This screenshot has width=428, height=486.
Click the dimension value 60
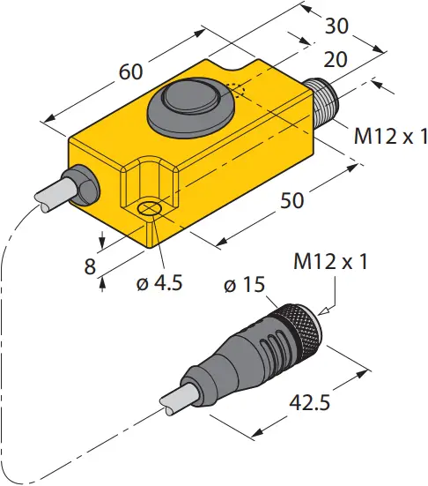[131, 72]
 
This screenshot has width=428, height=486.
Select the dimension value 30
[336, 26]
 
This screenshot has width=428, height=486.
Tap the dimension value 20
[336, 59]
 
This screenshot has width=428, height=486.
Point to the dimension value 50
[291, 200]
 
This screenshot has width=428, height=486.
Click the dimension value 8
[90, 266]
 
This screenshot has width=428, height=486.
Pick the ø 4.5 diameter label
[159, 283]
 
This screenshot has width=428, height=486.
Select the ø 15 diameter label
[245, 284]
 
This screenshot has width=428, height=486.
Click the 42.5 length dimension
[309, 403]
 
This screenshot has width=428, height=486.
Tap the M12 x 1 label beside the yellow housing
[391, 136]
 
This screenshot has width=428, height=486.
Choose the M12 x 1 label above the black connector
[330, 261]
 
